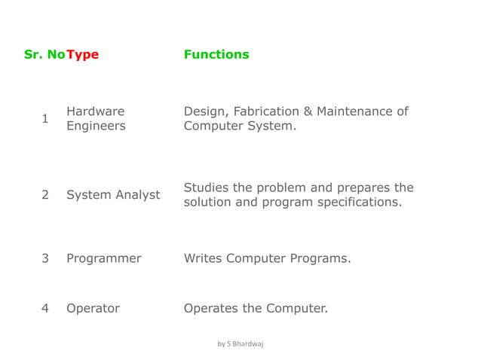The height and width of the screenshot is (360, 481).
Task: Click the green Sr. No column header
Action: pos(44,54)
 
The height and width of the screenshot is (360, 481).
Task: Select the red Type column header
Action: pos(82,54)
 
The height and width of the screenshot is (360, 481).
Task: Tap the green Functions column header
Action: pos(216,54)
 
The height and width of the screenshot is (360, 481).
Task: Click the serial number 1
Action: pos(45,119)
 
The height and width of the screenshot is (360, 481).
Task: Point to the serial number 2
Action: pos(45,195)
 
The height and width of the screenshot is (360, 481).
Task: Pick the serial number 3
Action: pos(45,258)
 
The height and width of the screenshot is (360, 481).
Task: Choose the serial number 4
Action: pos(45,308)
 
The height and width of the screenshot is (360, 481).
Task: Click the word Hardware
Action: pos(96,111)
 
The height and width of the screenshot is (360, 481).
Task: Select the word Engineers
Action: pos(96,127)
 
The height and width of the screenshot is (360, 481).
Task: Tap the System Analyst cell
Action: pos(113,195)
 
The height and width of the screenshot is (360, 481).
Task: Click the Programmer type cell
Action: pos(103,258)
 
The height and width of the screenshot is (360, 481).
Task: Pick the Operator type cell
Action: pos(93,308)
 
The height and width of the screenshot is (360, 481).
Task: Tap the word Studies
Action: pos(205,188)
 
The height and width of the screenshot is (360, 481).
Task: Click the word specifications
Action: pos(362,203)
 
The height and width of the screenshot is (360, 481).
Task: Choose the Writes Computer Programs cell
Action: pos(268,258)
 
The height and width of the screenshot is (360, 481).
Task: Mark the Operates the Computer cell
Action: pos(256,308)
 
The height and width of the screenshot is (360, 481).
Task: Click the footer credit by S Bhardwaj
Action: pos(240,343)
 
